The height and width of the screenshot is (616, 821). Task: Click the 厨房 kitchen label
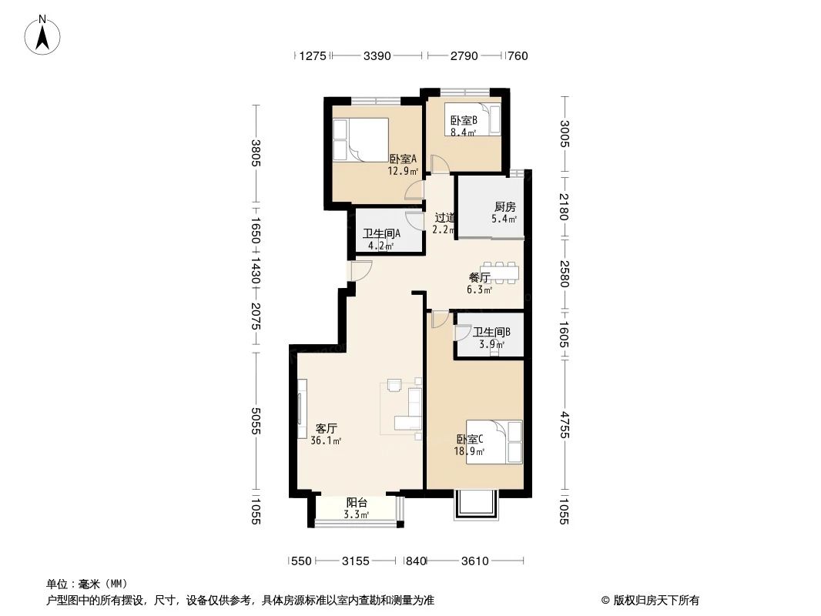pyautogui.click(x=504, y=206)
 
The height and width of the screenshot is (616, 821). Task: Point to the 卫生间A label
pyautogui.click(x=380, y=234)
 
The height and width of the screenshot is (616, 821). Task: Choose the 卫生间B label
pyautogui.click(x=491, y=333)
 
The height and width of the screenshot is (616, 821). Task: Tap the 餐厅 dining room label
pyautogui.click(x=480, y=277)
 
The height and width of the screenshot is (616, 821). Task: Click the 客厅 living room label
pyautogui.click(x=326, y=428)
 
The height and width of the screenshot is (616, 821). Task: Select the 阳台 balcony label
pyautogui.click(x=357, y=502)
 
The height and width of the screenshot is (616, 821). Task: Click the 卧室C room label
pyautogui.click(x=469, y=440)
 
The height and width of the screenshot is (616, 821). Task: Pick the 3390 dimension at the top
pyautogui.click(x=377, y=55)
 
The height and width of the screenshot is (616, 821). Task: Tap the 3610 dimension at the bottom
pyautogui.click(x=475, y=561)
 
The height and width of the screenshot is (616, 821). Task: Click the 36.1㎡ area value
pyautogui.click(x=326, y=441)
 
